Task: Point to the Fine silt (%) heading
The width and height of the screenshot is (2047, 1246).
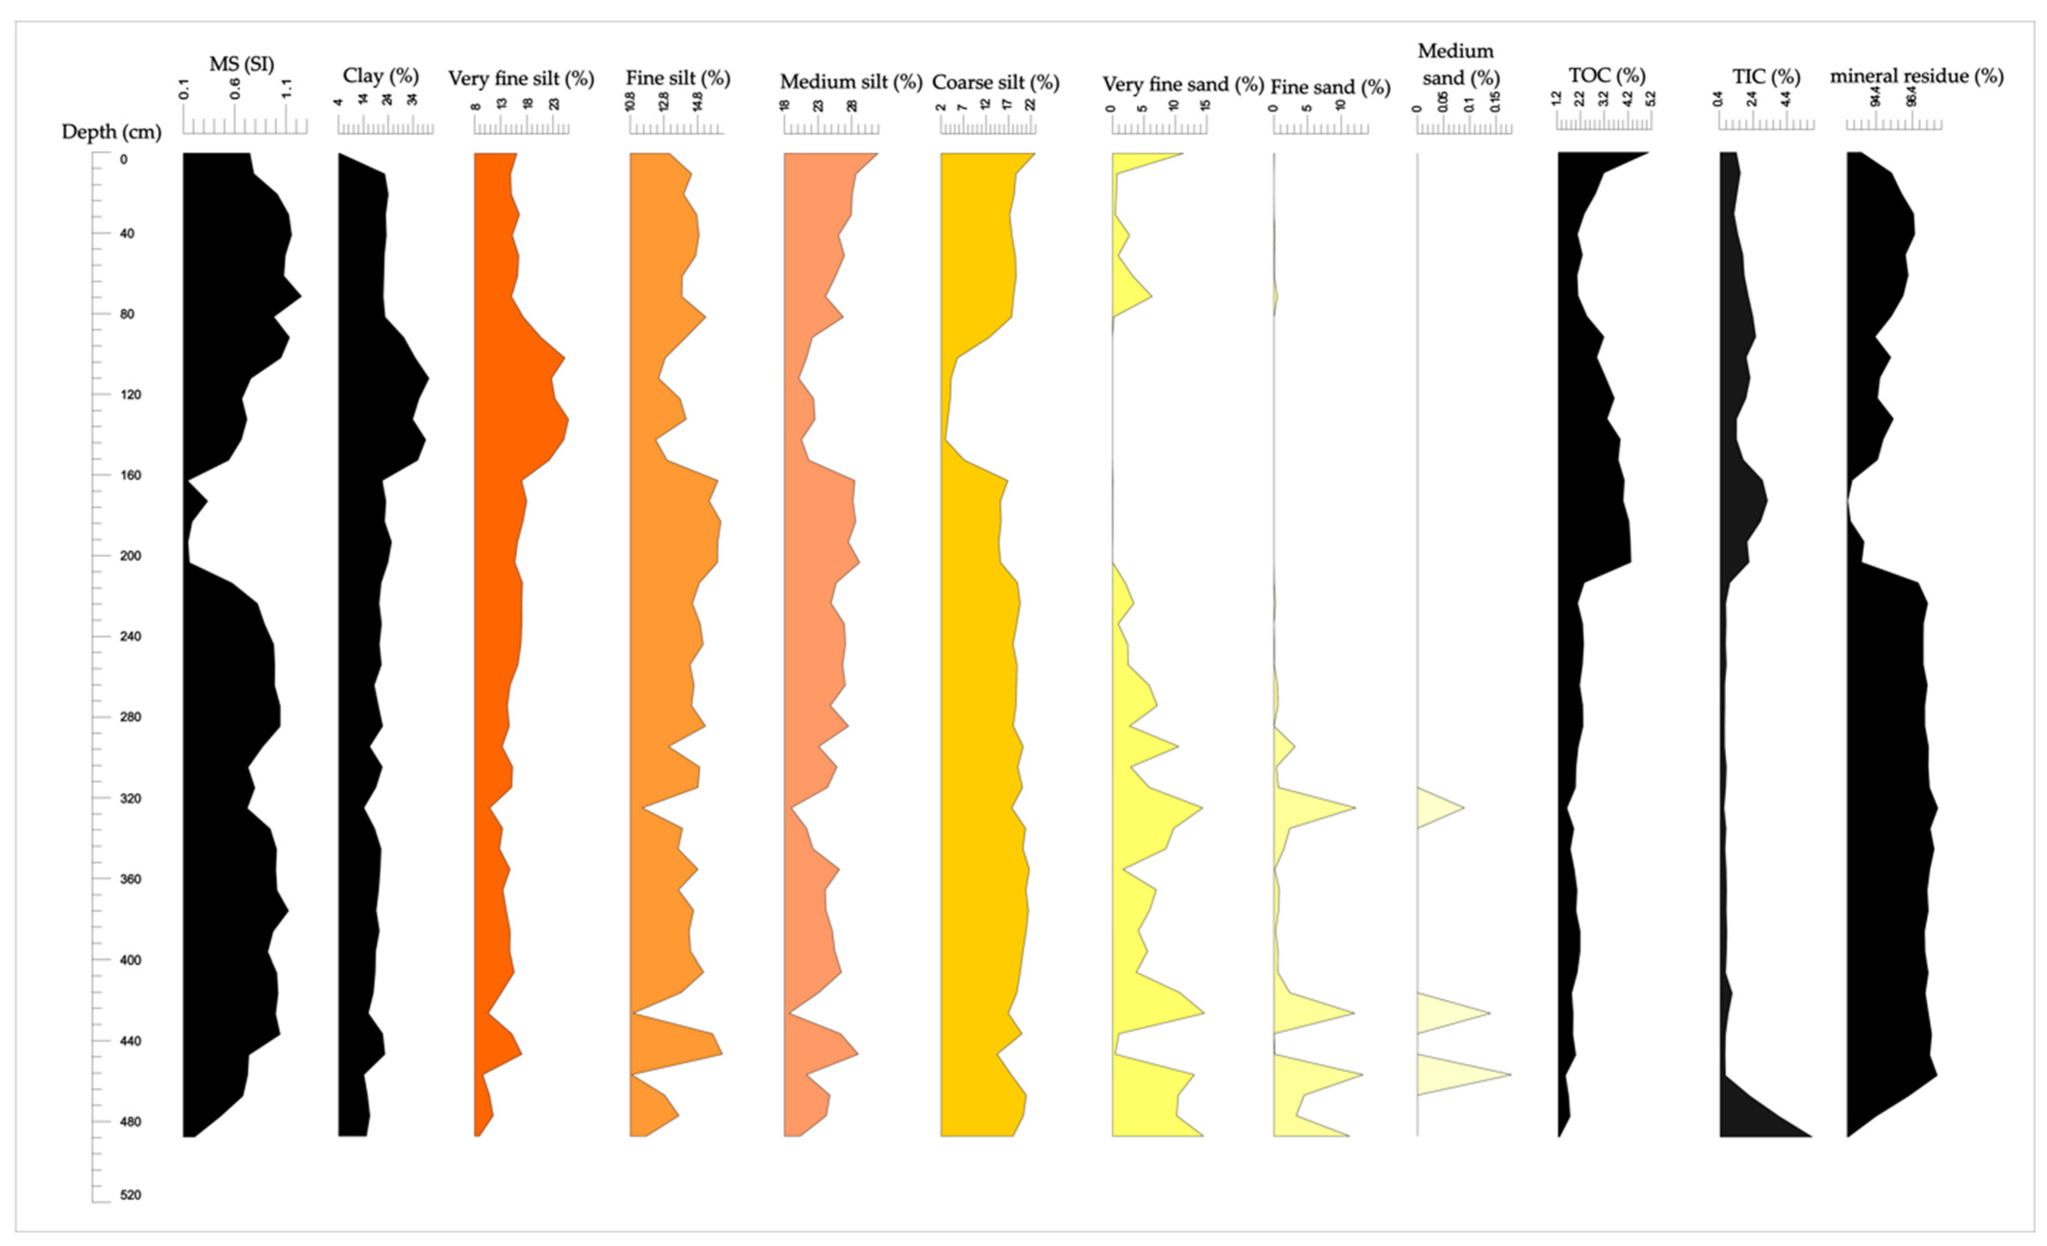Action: click(x=678, y=78)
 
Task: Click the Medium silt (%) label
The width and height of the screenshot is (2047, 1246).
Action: click(x=851, y=82)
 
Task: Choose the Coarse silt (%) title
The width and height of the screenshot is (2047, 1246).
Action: click(x=995, y=82)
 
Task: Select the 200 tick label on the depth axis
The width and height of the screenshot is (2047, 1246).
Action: click(x=130, y=556)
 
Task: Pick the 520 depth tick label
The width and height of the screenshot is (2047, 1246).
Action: click(x=130, y=1195)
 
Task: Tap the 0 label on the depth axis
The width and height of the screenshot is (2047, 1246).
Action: click(x=124, y=160)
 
